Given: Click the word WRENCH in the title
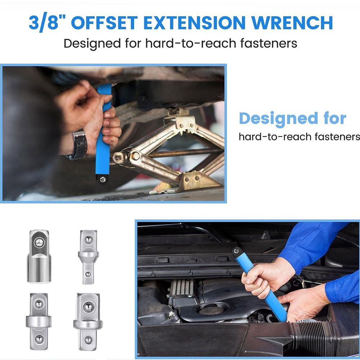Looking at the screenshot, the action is [x=292, y=23].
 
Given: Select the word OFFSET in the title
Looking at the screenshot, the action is [x=104, y=23].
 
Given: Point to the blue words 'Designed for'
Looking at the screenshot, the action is [x=292, y=119].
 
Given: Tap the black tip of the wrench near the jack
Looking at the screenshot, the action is [x=102, y=179].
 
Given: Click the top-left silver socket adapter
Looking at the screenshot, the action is [x=39, y=256].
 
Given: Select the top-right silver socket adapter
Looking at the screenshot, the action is [x=89, y=257].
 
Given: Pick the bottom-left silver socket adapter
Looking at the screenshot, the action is [x=39, y=321].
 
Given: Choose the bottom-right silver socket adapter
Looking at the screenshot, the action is [x=88, y=321].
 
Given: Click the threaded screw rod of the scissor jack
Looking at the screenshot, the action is [x=184, y=153].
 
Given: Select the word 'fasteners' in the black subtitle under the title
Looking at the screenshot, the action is [x=269, y=43].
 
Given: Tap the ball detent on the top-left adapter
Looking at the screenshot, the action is [x=39, y=242].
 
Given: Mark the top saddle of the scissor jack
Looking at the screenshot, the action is [x=181, y=120].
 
